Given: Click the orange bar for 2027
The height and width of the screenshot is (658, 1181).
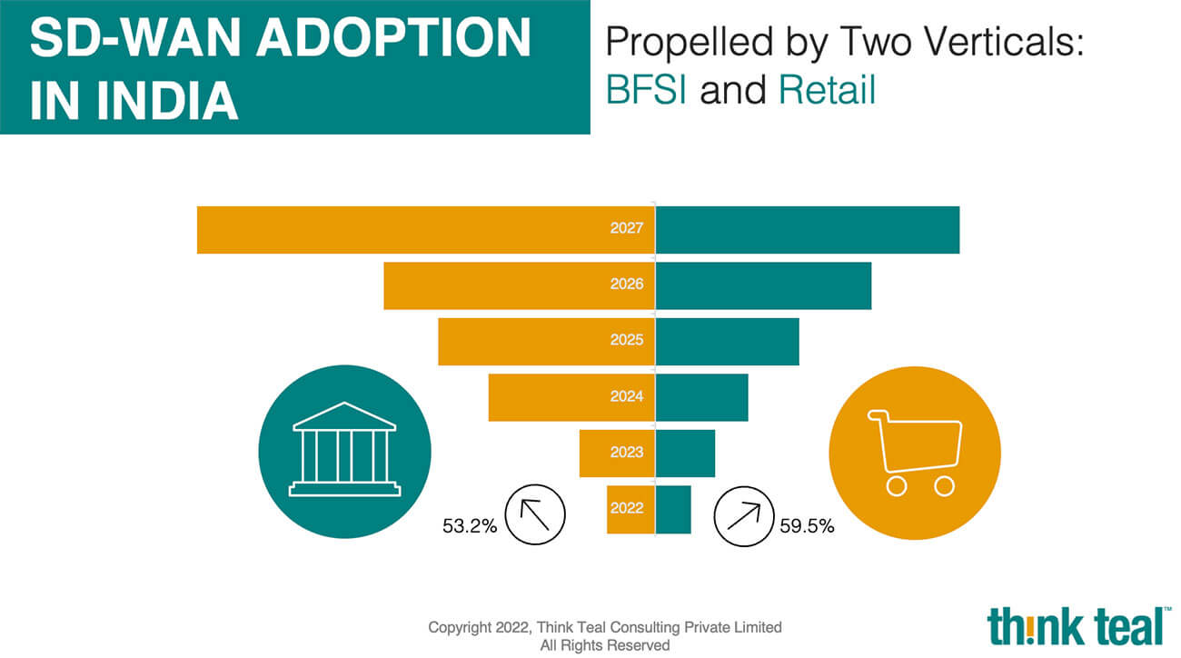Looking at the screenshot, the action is (426, 230).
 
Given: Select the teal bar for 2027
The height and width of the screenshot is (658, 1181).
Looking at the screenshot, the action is (808, 230).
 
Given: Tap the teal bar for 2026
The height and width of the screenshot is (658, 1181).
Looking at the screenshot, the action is (763, 285).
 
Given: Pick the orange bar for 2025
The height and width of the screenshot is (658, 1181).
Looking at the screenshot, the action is (547, 342).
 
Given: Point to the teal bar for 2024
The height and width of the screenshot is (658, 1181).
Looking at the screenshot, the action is (701, 397).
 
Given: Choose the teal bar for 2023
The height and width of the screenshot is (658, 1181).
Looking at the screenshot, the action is (685, 454).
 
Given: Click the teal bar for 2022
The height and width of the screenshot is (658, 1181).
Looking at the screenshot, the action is (673, 509).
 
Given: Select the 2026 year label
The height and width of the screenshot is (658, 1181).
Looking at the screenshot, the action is (627, 284).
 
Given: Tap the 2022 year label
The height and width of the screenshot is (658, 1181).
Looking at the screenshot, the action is (627, 508).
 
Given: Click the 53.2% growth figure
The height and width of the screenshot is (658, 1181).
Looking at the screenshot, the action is (470, 526).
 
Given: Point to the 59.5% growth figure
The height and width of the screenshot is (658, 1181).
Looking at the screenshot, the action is (808, 526).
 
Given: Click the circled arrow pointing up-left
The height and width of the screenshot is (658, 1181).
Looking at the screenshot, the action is (535, 515).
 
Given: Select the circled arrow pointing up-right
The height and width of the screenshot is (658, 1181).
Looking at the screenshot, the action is (744, 516).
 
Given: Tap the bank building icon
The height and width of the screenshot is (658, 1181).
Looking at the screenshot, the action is (344, 449).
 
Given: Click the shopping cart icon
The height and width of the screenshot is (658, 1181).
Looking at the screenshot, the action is (916, 453).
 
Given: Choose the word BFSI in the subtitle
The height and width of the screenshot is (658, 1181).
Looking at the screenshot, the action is (647, 90).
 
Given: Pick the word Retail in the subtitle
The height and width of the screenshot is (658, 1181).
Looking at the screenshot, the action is (828, 90).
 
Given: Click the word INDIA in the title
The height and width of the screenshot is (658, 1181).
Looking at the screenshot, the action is (167, 100).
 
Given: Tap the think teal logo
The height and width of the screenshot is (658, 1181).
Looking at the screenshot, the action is (1078, 626).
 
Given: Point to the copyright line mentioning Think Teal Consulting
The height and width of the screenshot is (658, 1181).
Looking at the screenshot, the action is (605, 627).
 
